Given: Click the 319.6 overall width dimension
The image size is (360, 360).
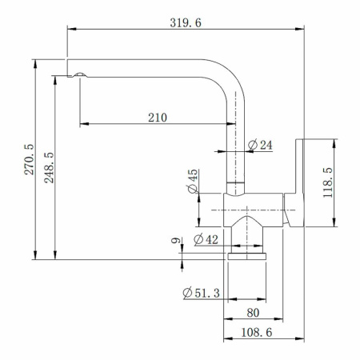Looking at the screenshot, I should (186, 22).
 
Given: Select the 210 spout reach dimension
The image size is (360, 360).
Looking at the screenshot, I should (157, 117).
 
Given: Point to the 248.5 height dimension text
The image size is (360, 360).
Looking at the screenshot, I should (49, 167).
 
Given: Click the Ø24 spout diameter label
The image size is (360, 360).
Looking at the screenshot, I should (261, 145).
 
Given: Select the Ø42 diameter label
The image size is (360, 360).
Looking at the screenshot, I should (206, 239).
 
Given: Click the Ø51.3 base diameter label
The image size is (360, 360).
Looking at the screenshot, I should (201, 293).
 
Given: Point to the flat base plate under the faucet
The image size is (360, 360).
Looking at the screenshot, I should (246, 256).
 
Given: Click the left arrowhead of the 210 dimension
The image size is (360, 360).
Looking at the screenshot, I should (83, 124).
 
